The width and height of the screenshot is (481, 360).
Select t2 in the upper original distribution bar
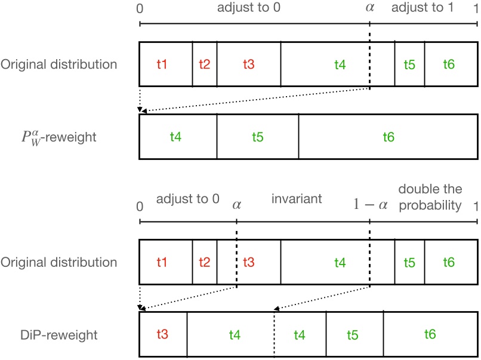[204, 64]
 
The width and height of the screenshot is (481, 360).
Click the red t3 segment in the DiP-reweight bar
[162, 335]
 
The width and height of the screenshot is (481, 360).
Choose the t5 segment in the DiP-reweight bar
[353, 336]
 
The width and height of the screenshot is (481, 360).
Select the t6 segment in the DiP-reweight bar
[429, 335]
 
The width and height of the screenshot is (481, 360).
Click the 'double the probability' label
[430, 198]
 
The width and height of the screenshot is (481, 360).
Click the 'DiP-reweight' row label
[58, 335]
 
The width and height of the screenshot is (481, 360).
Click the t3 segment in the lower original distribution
[248, 262]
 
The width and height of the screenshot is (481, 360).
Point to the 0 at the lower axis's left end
[140, 206]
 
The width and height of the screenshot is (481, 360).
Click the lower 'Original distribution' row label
[58, 262]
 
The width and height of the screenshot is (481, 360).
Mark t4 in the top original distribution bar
[339, 64]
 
